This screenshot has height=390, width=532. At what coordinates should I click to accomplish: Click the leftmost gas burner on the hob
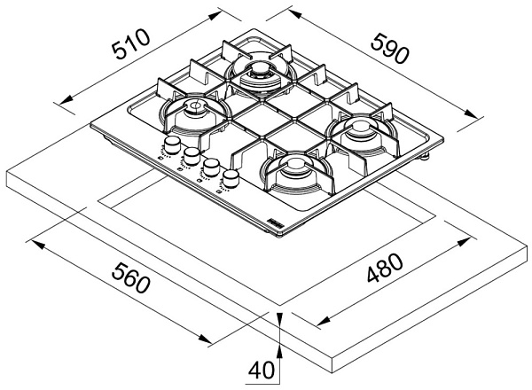[x=192, y=113]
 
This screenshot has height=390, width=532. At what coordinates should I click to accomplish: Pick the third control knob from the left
[x=211, y=168]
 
